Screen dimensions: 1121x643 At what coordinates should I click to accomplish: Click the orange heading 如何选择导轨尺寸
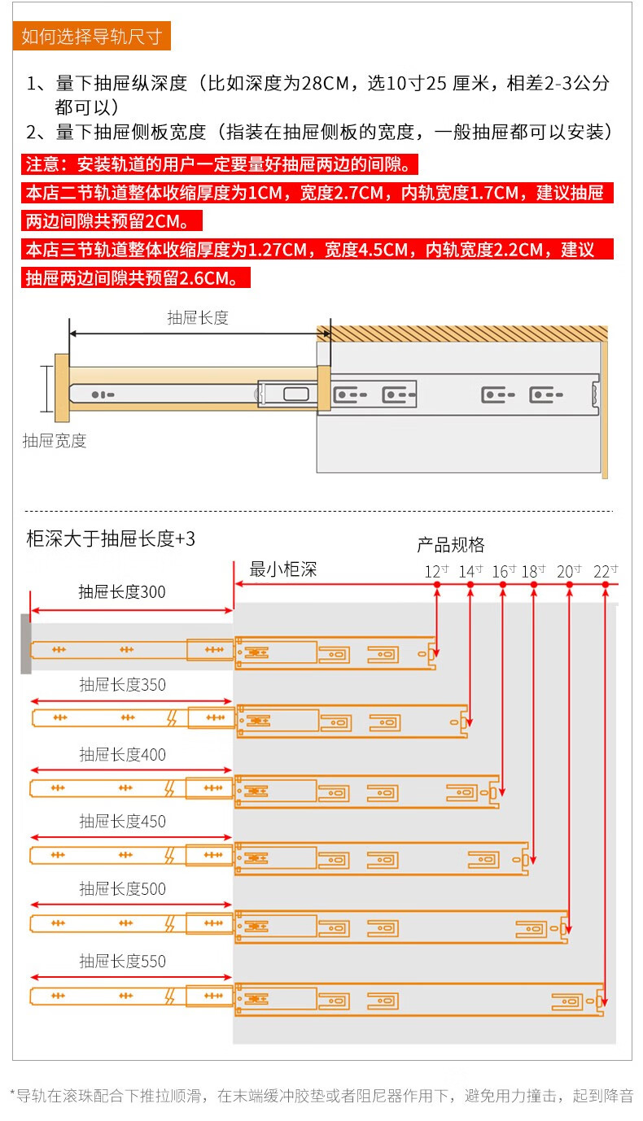pyautogui.click(x=91, y=37)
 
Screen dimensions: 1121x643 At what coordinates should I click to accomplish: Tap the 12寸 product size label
pyautogui.click(x=436, y=571)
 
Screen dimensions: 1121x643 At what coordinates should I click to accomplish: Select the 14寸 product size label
pyautogui.click(x=470, y=571)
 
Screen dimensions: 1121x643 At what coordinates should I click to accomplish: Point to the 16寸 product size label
pyautogui.click(x=504, y=571)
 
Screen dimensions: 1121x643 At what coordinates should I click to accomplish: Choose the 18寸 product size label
pyautogui.click(x=533, y=571)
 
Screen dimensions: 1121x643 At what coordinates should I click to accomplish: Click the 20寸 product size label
pyautogui.click(x=569, y=571)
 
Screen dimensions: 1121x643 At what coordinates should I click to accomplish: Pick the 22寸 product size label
pyautogui.click(x=606, y=571)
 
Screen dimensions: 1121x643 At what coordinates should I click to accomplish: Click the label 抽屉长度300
pyautogui.click(x=122, y=592)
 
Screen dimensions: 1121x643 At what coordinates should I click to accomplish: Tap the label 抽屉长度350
pyautogui.click(x=122, y=685)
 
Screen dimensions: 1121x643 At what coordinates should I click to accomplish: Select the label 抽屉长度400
pyautogui.click(x=122, y=755)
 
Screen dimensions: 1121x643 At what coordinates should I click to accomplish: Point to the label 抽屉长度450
pyautogui.click(x=122, y=822)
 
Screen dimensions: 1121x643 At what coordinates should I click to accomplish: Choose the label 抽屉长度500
pyautogui.click(x=122, y=889)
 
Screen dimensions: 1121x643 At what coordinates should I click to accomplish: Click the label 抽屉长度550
pyautogui.click(x=122, y=962)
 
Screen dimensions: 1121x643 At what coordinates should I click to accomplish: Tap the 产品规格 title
pyautogui.click(x=450, y=545)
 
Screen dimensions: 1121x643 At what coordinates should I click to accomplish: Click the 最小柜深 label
pyautogui.click(x=282, y=569)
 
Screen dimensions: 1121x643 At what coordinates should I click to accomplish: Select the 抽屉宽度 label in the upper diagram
pyautogui.click(x=55, y=441)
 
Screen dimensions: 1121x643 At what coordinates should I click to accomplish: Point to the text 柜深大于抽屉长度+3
pyautogui.click(x=111, y=539)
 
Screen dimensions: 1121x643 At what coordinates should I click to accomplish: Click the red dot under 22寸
pyautogui.click(x=606, y=585)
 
